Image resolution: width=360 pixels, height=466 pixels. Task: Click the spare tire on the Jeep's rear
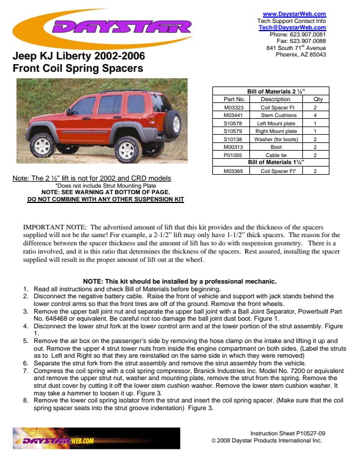(174, 124)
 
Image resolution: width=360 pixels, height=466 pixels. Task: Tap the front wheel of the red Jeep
(42, 145)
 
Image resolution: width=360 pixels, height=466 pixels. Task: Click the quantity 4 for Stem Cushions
(315, 116)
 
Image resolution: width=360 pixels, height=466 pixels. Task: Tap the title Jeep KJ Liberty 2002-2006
(78, 57)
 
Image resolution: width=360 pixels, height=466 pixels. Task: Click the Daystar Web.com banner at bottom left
(96, 439)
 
